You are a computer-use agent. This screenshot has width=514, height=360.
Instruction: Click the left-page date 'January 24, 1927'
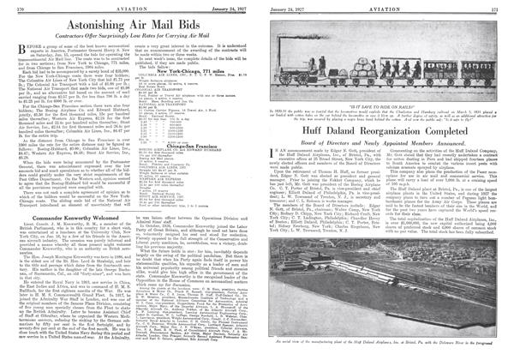pyautogui.click(x=224, y=4)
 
